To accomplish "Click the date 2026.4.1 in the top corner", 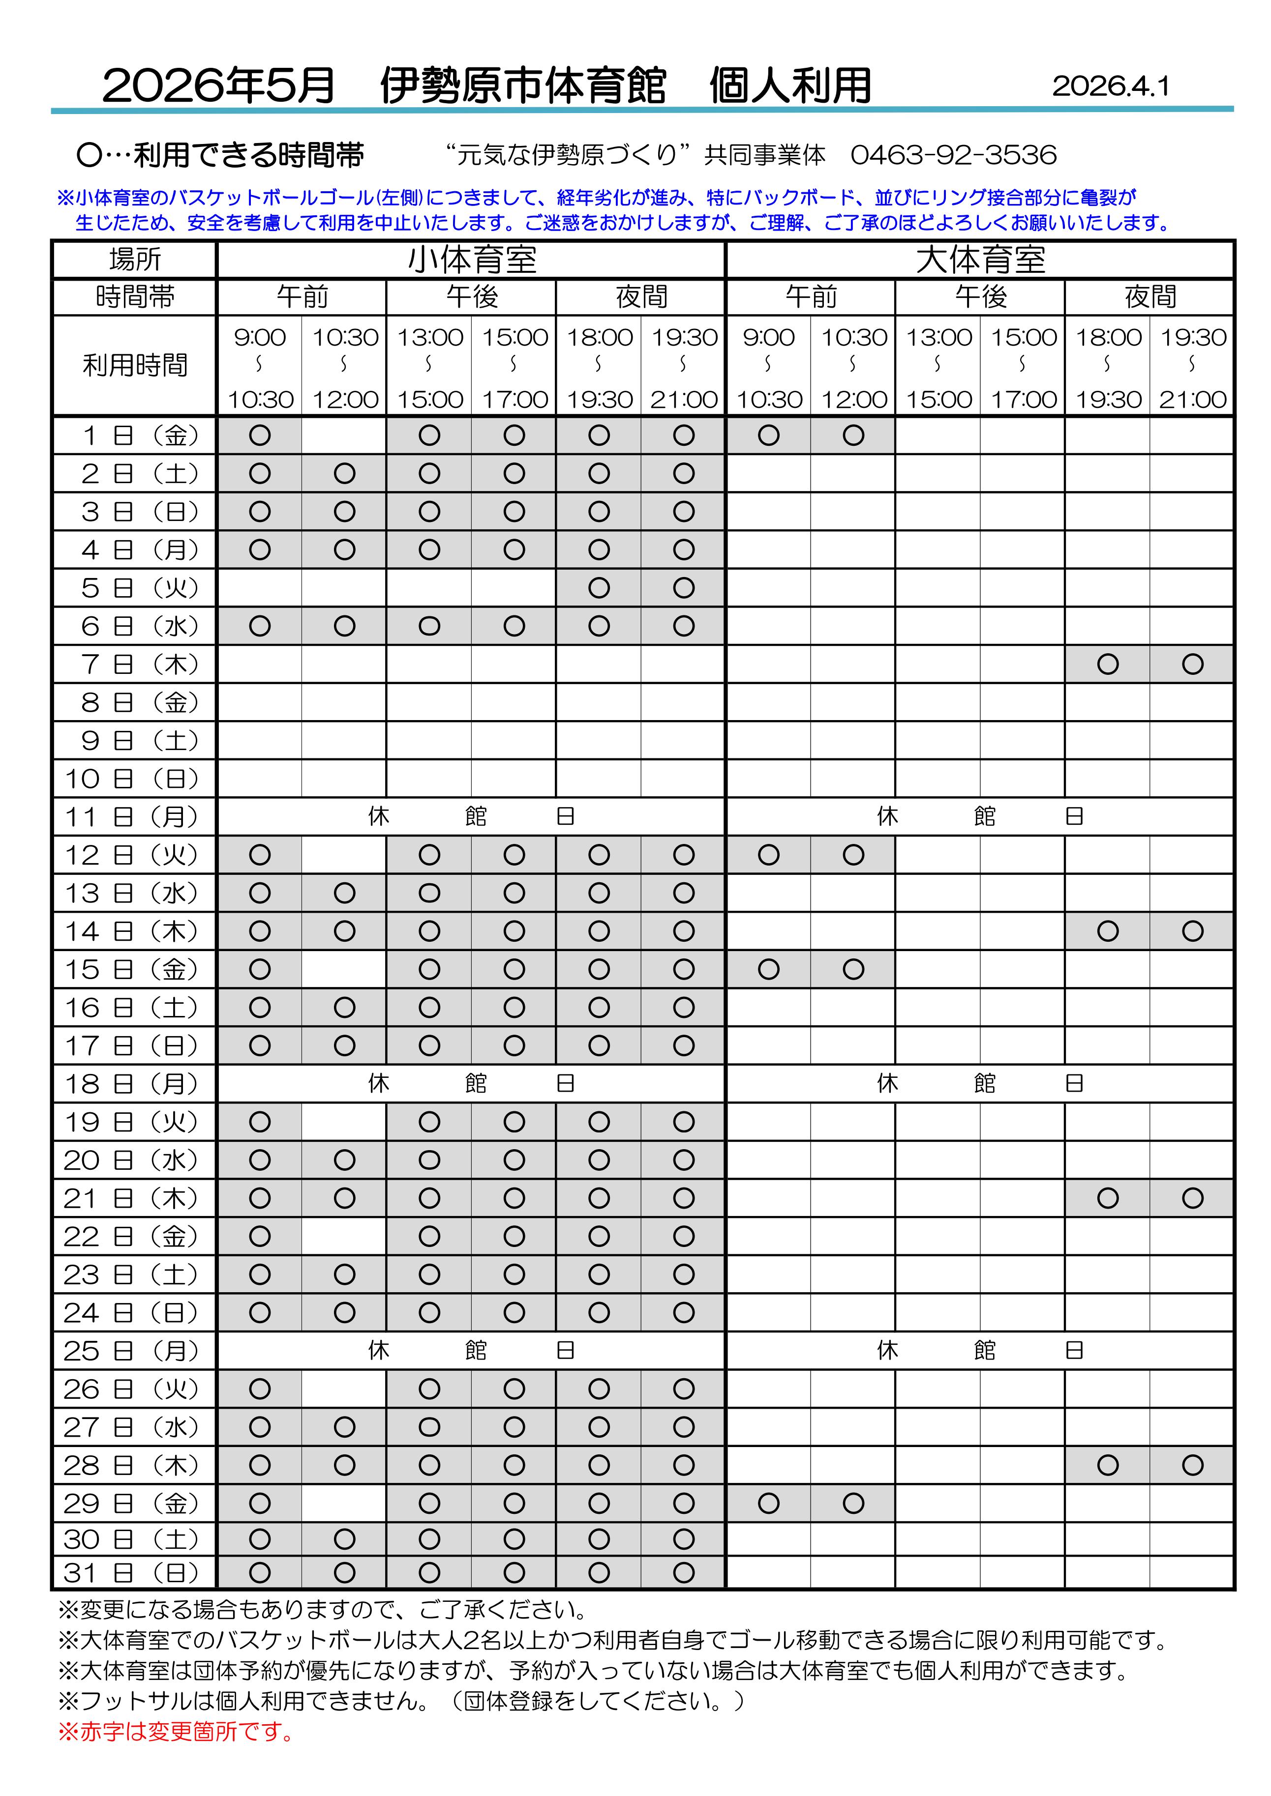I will [x=1111, y=86].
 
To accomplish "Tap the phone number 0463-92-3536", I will [x=953, y=155].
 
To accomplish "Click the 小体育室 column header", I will [x=471, y=260].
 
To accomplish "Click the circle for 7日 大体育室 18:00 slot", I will [x=1107, y=664].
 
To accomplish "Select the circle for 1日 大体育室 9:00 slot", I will [x=768, y=435].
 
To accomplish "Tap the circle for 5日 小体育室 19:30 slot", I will [x=683, y=587].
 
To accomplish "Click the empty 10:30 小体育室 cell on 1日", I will [x=344, y=435].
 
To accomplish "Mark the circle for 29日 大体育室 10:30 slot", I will [x=853, y=1503].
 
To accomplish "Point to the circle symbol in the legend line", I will [x=89, y=156].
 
